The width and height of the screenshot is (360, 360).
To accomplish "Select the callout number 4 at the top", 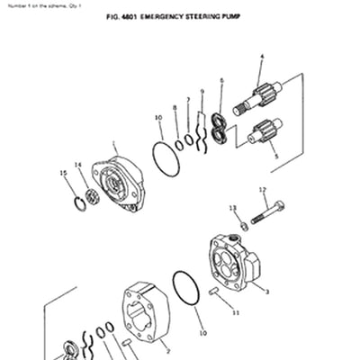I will pos(261,57).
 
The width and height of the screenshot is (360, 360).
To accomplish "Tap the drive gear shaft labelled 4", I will pos(257,97).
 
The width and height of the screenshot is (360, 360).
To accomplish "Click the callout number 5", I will pos(275,155).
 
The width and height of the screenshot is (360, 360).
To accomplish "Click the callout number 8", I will pos(175,107).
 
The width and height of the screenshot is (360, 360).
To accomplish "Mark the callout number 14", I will pos(77,165).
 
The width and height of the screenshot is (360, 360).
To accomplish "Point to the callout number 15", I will pos(62,173).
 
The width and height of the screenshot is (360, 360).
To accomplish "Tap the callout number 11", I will pos(235,313).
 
